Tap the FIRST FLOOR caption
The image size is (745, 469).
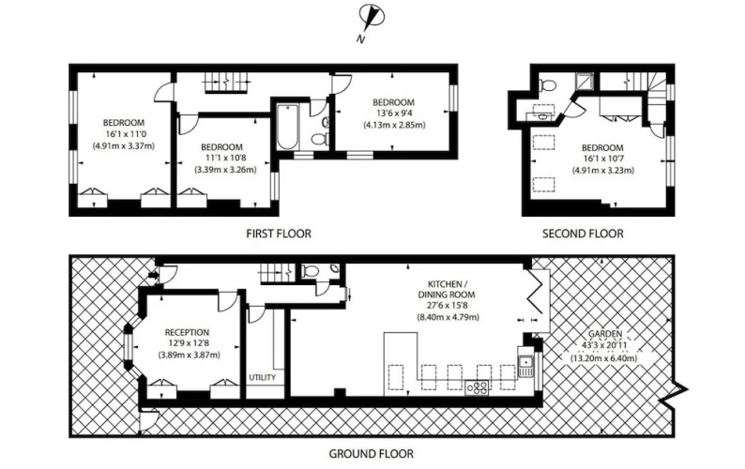pyautogui.click(x=279, y=234)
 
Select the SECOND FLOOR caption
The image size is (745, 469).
pyautogui.click(x=583, y=234)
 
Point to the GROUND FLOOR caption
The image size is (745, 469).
pyautogui.click(x=371, y=454)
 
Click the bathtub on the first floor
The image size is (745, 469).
pyautogui.click(x=287, y=127)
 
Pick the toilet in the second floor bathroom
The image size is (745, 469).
pyautogui.click(x=548, y=85)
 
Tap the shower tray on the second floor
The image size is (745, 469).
pyautogui.click(x=584, y=82)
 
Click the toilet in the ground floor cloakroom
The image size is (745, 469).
pyautogui.click(x=310, y=270)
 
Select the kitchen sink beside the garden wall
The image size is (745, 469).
pyautogui.click(x=525, y=366)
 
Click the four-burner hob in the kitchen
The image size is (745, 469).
pyautogui.click(x=477, y=387)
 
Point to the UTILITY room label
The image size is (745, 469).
pyautogui.click(x=263, y=377)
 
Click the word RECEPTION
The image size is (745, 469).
pyautogui.click(x=187, y=333)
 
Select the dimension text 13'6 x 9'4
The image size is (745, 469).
pyautogui.click(x=393, y=113)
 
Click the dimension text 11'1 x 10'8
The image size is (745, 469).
pyautogui.click(x=223, y=159)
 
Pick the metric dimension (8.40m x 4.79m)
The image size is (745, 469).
pyautogui.click(x=449, y=317)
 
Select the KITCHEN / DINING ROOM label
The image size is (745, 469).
pyautogui.click(x=447, y=290)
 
